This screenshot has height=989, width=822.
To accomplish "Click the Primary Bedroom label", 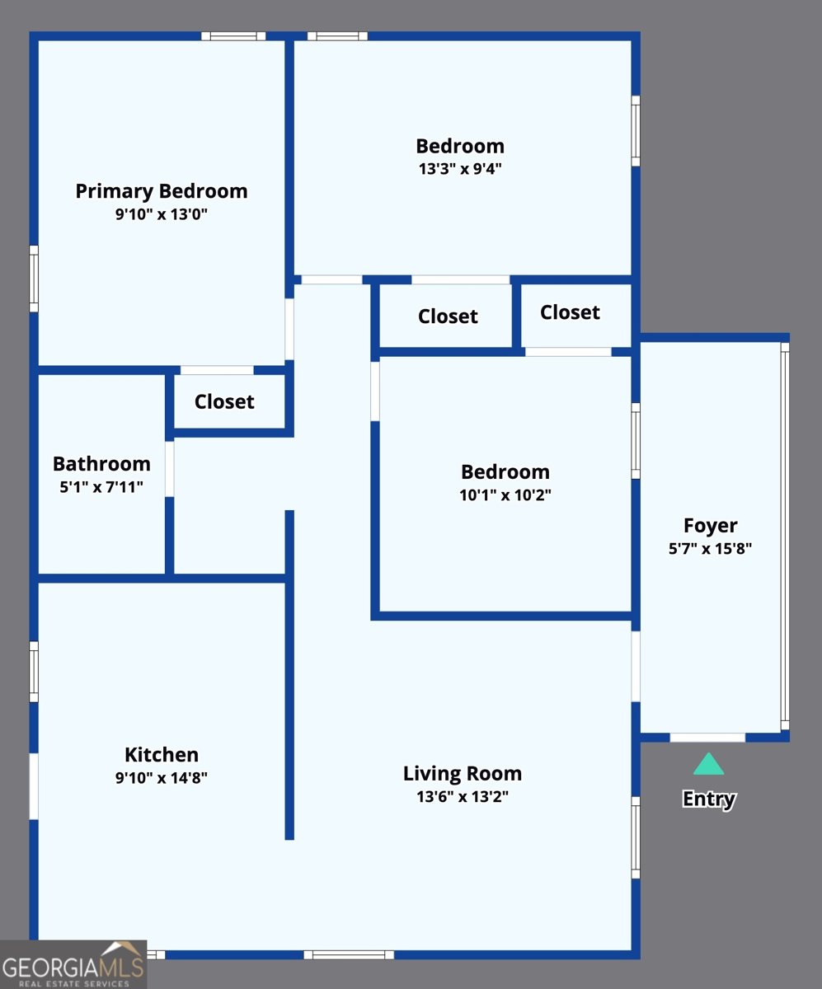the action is tap(162, 192).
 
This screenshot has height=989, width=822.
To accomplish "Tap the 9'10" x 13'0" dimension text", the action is tap(162, 214).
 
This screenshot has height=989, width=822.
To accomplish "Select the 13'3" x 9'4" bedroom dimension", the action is tap(460, 169).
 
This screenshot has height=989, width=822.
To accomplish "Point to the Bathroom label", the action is tap(101, 464).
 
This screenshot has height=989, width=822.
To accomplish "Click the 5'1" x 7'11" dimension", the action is tap(101, 487).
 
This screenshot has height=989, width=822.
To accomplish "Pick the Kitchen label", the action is tap(162, 755).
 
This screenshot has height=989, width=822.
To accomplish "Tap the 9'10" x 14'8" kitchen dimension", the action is tap(162, 778).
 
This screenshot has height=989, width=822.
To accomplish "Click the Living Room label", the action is tap(463, 774).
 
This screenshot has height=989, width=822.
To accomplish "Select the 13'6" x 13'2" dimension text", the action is tap(463, 797).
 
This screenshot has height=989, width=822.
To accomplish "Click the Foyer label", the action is tap(710, 526).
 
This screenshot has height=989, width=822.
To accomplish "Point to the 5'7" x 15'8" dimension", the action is tap(710, 549).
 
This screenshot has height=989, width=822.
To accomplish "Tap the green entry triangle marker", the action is tap(708, 764).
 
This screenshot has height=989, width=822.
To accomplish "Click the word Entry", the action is tap(709, 799).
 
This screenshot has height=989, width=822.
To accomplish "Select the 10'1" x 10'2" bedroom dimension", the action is tap(505, 495).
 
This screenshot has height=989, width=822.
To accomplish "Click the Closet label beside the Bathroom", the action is tap(224, 401).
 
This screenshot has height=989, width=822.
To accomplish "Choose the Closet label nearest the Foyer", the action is tap(570, 312).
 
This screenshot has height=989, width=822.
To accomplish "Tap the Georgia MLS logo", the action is tap(73, 964).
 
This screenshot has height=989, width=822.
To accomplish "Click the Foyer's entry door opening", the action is tap(707, 737).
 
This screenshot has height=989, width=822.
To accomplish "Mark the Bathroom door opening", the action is tap(169, 469).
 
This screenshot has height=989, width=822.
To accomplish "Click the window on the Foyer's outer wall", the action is tap(785, 537).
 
